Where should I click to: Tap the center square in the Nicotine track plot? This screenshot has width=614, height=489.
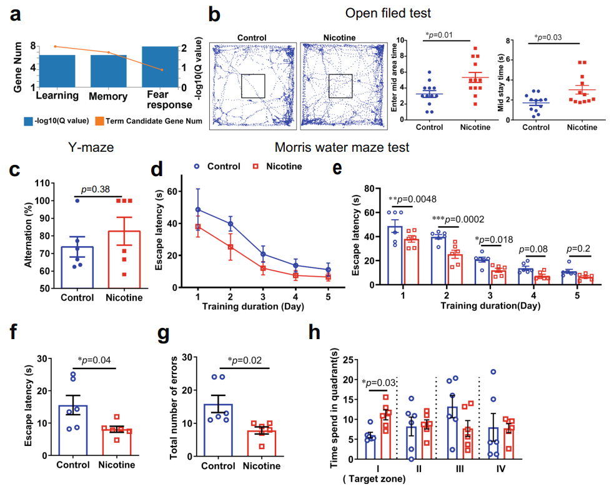pyautogui.click(x=340, y=86)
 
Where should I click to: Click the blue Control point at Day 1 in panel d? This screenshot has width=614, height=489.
pyautogui.click(x=198, y=210)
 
